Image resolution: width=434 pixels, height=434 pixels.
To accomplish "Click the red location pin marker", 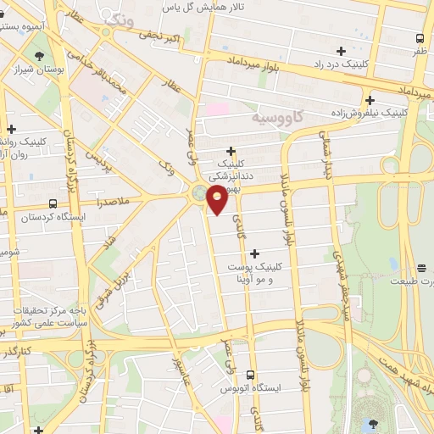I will [x=217, y=201].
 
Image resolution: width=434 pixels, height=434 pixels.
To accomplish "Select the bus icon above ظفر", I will [x=420, y=37].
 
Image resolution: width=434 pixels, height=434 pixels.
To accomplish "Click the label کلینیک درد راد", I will [x=366, y=64].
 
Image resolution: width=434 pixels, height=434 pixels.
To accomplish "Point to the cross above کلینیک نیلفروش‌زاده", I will [x=370, y=98].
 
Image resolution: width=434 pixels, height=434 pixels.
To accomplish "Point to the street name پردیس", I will [x=102, y=161].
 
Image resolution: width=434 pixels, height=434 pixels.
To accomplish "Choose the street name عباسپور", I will [x=186, y=378].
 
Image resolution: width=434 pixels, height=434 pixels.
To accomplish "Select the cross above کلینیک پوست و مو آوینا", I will [x=254, y=253].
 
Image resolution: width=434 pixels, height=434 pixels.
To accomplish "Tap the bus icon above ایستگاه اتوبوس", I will [x=250, y=374].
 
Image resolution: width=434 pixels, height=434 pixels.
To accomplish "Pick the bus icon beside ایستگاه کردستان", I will [x=53, y=204].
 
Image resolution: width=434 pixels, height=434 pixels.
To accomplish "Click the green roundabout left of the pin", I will [x=199, y=194].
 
